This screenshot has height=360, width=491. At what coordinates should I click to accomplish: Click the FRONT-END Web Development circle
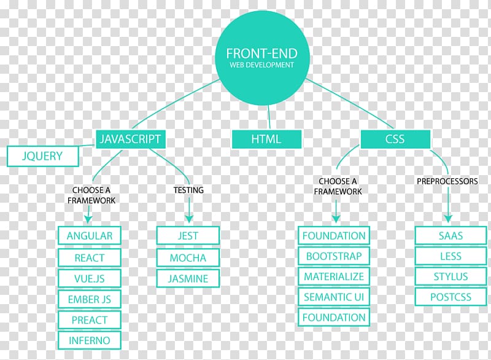(263, 58)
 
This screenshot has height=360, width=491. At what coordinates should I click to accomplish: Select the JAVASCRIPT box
(130, 139)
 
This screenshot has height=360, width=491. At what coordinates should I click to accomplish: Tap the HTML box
(266, 139)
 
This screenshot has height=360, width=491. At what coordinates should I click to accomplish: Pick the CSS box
(395, 139)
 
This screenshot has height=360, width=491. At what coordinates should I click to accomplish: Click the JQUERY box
(42, 156)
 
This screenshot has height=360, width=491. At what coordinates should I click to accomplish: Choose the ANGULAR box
(90, 236)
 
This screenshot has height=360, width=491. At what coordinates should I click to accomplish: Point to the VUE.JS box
(90, 278)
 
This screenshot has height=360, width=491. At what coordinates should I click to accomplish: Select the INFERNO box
(90, 340)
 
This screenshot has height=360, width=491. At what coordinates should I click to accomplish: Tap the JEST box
(188, 236)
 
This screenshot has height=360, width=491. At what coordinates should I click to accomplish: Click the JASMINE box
(188, 278)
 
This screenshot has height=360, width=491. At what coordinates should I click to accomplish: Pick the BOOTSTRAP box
(334, 256)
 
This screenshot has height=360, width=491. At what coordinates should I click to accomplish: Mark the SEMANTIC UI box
(334, 297)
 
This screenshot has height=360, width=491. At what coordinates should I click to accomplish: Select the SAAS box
(450, 236)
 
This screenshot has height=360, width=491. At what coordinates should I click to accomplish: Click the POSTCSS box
(450, 297)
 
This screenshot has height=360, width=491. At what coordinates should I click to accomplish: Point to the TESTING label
(188, 190)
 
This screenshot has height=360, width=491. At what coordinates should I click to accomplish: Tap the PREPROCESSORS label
(447, 181)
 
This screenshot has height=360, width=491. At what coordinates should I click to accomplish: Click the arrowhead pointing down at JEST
(189, 219)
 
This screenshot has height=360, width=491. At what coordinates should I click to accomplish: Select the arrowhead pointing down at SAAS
(448, 219)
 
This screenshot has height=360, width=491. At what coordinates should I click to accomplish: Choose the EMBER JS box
(90, 299)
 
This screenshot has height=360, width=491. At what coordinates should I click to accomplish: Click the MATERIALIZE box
(334, 276)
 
